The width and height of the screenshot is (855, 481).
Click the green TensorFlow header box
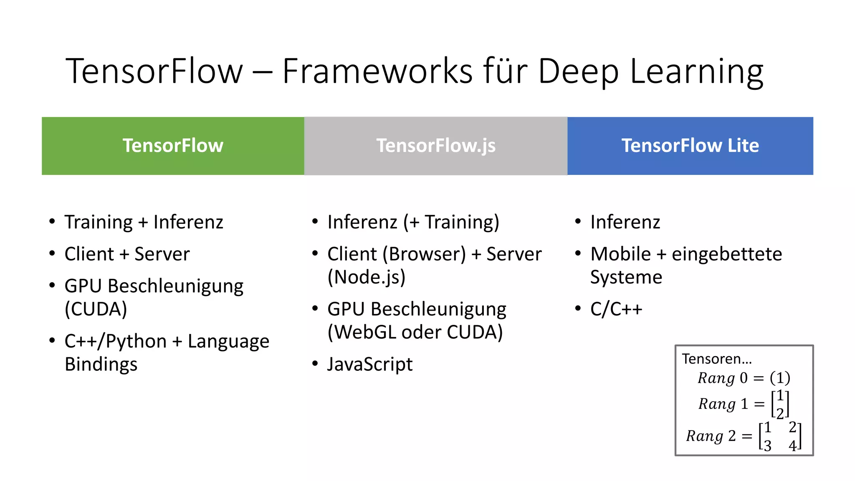(173, 146)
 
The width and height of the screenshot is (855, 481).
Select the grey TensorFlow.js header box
(436, 146)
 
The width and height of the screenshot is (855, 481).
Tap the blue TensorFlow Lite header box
(690, 146)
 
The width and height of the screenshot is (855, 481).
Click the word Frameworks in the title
(377, 71)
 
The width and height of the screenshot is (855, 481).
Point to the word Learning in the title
(696, 72)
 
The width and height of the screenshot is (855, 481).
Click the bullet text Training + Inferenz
(144, 222)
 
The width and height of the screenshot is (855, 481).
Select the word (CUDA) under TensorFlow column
(96, 309)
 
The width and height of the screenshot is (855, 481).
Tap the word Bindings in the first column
(101, 364)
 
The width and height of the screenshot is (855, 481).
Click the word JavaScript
(370, 364)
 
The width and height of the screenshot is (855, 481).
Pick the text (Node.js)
(367, 277)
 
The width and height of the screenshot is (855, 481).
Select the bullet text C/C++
(616, 309)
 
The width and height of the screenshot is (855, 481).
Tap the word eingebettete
(727, 254)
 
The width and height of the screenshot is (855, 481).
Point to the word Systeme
(626, 277)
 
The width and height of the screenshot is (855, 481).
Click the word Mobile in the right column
(621, 254)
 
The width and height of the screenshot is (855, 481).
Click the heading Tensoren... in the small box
(717, 359)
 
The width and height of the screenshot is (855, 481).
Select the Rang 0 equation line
(744, 378)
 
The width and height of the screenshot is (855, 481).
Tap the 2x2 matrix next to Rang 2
(780, 436)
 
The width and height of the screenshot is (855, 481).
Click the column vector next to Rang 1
(780, 404)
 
